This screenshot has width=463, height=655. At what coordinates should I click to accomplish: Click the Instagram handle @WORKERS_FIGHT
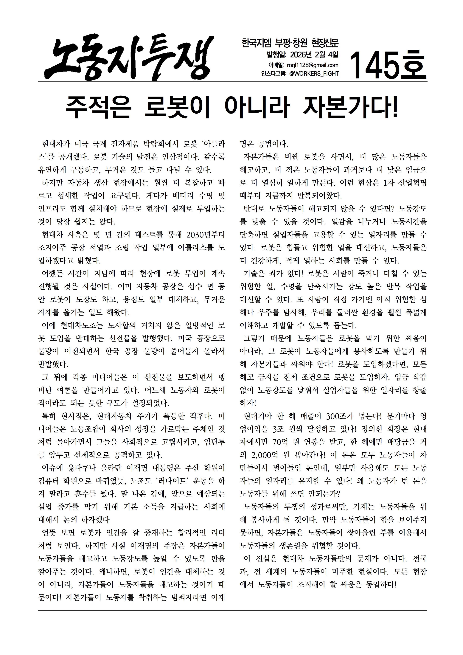click(314, 74)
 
